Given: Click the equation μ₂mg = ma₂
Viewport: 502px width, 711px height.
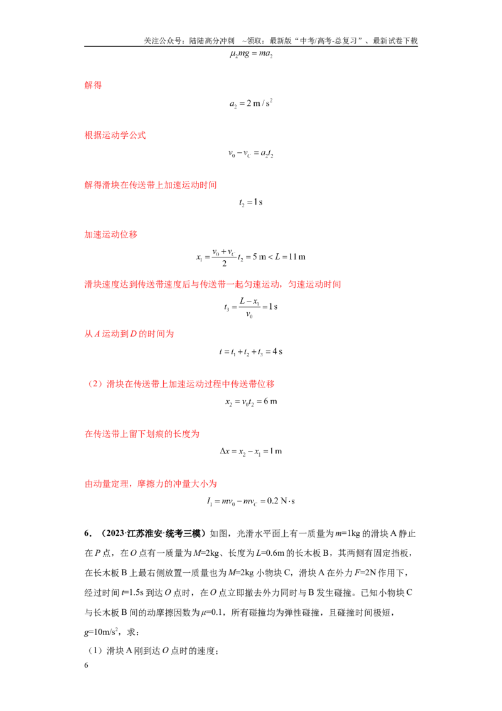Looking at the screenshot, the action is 251,54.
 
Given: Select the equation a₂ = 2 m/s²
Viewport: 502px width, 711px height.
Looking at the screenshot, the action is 251,104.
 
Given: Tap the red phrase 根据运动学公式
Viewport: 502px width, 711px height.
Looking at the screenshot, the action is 115,135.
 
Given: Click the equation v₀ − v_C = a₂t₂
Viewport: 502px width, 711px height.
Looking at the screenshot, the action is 251,153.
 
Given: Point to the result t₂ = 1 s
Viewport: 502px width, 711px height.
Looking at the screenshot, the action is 251,202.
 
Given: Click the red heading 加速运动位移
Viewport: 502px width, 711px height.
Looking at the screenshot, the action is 110,234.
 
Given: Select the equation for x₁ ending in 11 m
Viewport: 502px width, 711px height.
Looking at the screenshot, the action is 251,257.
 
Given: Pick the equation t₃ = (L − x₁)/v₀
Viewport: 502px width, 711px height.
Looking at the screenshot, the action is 251,307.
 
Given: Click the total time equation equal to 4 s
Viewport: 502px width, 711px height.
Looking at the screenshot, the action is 251,352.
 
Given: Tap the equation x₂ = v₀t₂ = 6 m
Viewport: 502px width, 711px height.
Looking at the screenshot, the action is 251,402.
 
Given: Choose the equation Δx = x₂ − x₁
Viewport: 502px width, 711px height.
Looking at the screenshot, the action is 251,451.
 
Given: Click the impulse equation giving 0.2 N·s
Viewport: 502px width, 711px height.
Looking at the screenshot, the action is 251,501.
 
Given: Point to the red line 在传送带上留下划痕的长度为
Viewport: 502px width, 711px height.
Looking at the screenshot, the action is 142,434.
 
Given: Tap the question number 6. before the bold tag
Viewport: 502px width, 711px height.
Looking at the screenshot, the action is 88,534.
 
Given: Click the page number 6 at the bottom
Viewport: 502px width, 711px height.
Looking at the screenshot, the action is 86,665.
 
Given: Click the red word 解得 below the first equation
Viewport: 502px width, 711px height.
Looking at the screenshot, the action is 93,85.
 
